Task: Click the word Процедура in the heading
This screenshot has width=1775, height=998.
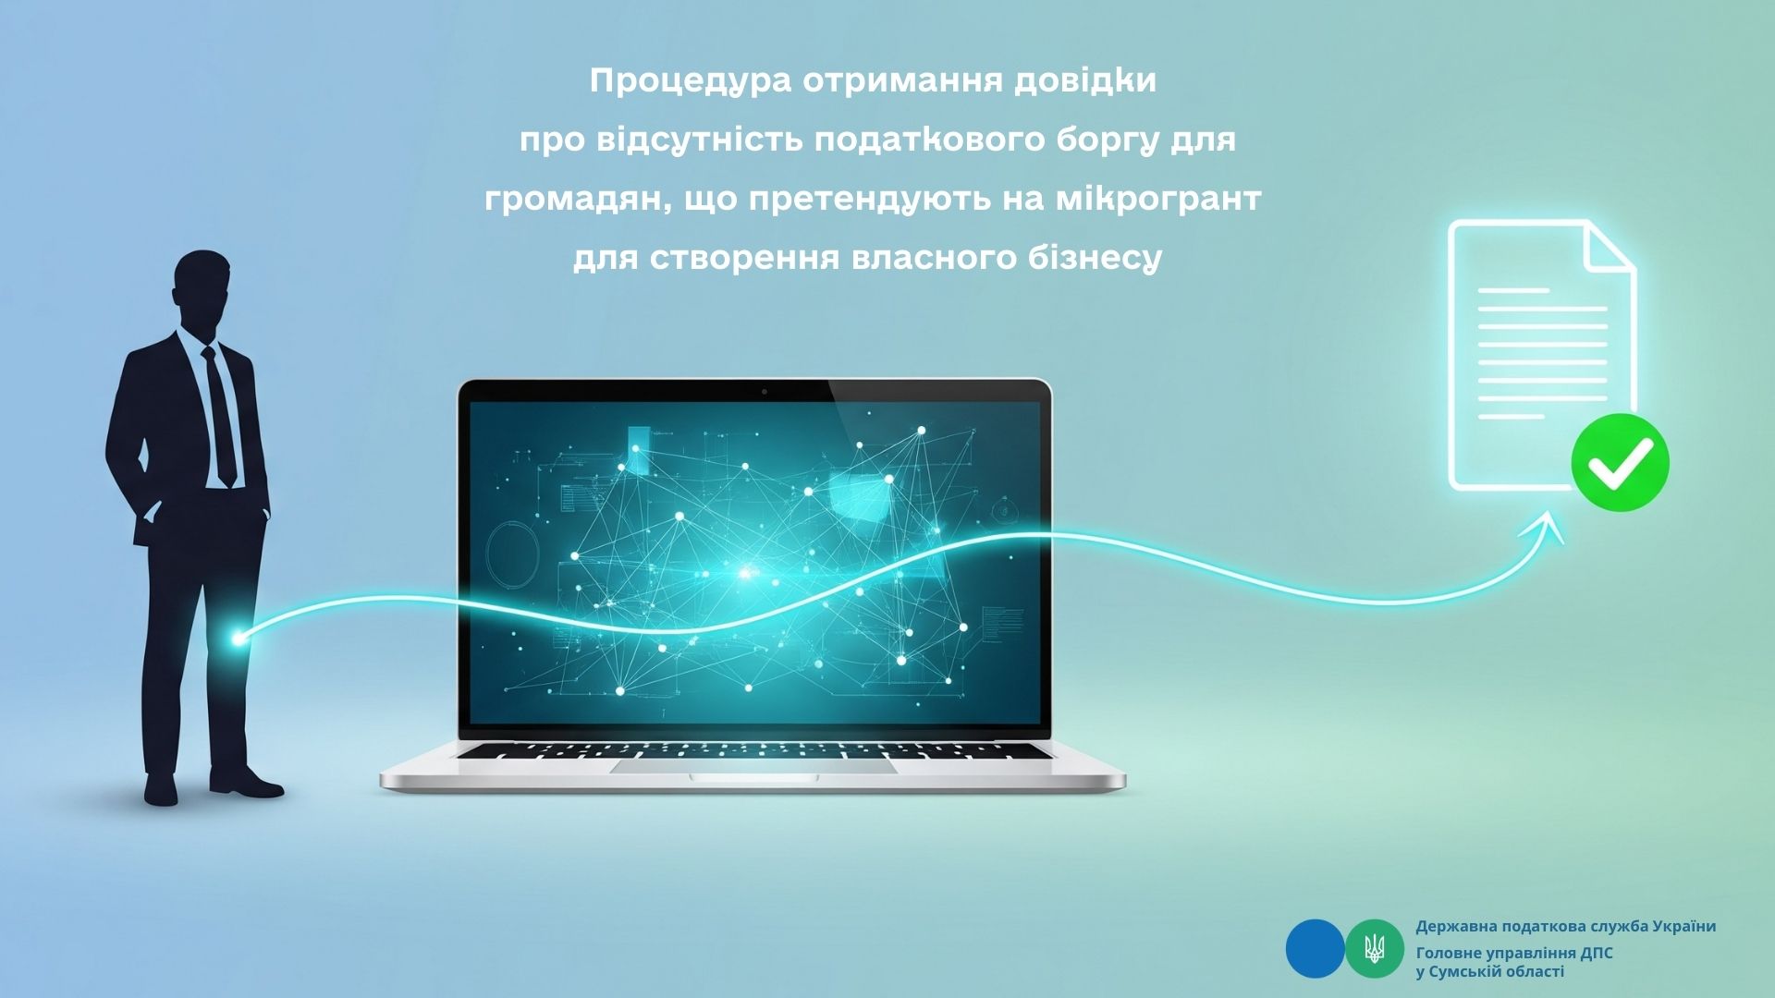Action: click(x=691, y=82)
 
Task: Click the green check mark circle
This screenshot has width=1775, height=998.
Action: click(x=1620, y=462)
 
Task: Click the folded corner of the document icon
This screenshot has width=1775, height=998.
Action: click(x=1609, y=248)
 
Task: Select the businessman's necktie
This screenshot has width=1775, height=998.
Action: click(x=219, y=416)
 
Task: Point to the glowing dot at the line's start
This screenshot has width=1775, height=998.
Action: click(x=239, y=638)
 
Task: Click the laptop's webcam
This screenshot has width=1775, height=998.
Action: click(x=764, y=392)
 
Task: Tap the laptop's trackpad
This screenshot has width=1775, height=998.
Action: click(x=753, y=766)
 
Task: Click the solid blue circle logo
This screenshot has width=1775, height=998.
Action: click(x=1315, y=948)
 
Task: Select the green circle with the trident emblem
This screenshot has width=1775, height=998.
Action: click(x=1375, y=948)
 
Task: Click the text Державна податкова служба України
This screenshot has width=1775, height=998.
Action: click(x=1565, y=926)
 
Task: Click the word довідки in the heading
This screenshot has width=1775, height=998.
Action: click(x=1085, y=82)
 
